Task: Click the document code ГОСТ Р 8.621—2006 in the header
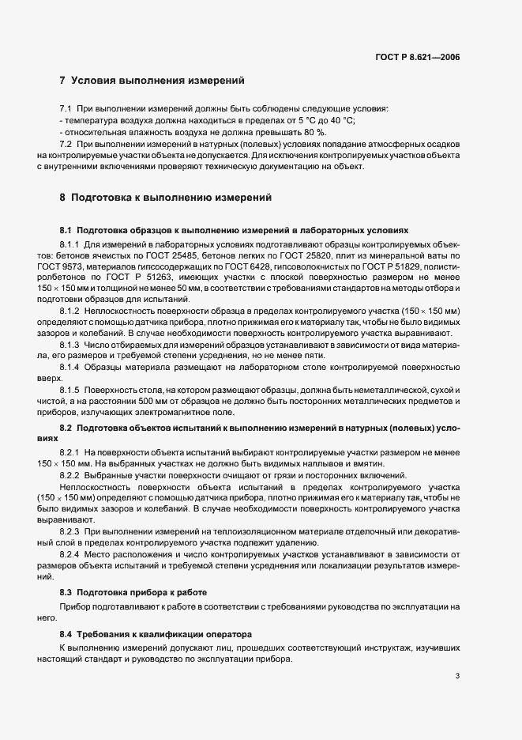(x=419, y=58)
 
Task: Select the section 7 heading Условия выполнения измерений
(x=152, y=81)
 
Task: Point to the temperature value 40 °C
(x=340, y=120)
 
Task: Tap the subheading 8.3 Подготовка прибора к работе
(x=133, y=591)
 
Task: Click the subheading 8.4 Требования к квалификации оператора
(x=156, y=634)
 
